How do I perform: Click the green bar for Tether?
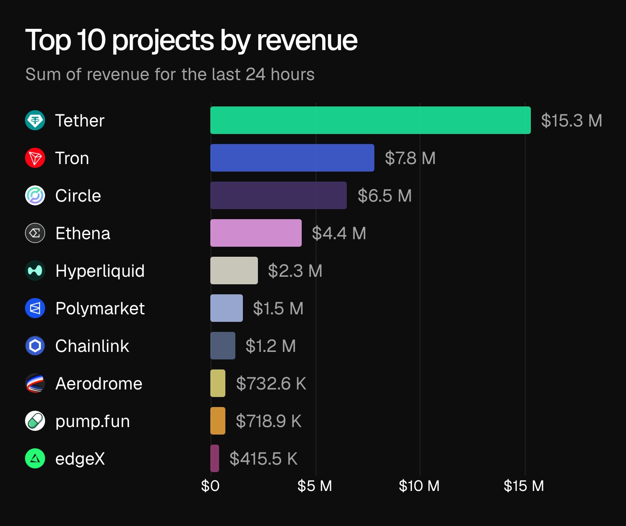pyautogui.click(x=370, y=120)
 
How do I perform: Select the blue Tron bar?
pyautogui.click(x=292, y=158)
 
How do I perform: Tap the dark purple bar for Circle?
pyautogui.click(x=278, y=195)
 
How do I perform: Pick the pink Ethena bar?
pyautogui.click(x=256, y=233)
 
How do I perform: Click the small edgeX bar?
pyautogui.click(x=215, y=458)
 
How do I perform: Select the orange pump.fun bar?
pyautogui.click(x=218, y=421)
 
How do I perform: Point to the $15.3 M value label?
pyautogui.click(x=571, y=121)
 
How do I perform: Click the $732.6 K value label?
pyautogui.click(x=271, y=384)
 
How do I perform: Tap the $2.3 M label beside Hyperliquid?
pyautogui.click(x=295, y=271)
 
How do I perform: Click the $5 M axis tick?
pyautogui.click(x=315, y=486)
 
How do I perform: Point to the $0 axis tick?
pyautogui.click(x=210, y=486)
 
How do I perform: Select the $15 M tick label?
pyautogui.click(x=524, y=486)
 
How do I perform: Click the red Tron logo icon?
pyautogui.click(x=35, y=158)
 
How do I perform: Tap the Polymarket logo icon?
pyautogui.click(x=35, y=309)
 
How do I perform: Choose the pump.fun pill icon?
pyautogui.click(x=35, y=421)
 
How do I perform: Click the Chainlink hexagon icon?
pyautogui.click(x=35, y=346)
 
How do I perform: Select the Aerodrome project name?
pyautogui.click(x=99, y=384)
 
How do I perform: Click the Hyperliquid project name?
pyautogui.click(x=100, y=271)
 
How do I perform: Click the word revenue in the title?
pyautogui.click(x=307, y=40)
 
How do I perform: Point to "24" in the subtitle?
pyautogui.click(x=255, y=74)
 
